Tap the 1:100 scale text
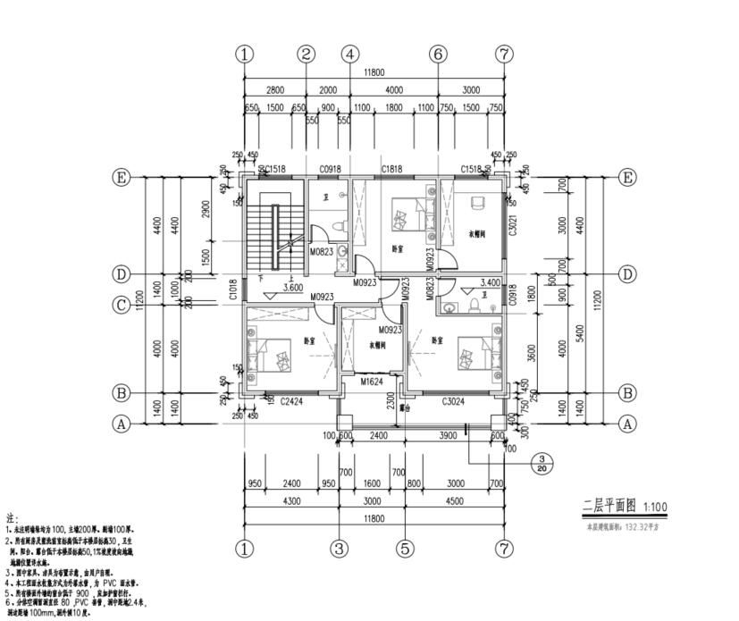pos(652,508)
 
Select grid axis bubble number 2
pos(307,54)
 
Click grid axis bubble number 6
pos(438,54)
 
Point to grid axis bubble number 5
pos(405,547)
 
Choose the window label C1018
pos(231,290)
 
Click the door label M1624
pos(372,382)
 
